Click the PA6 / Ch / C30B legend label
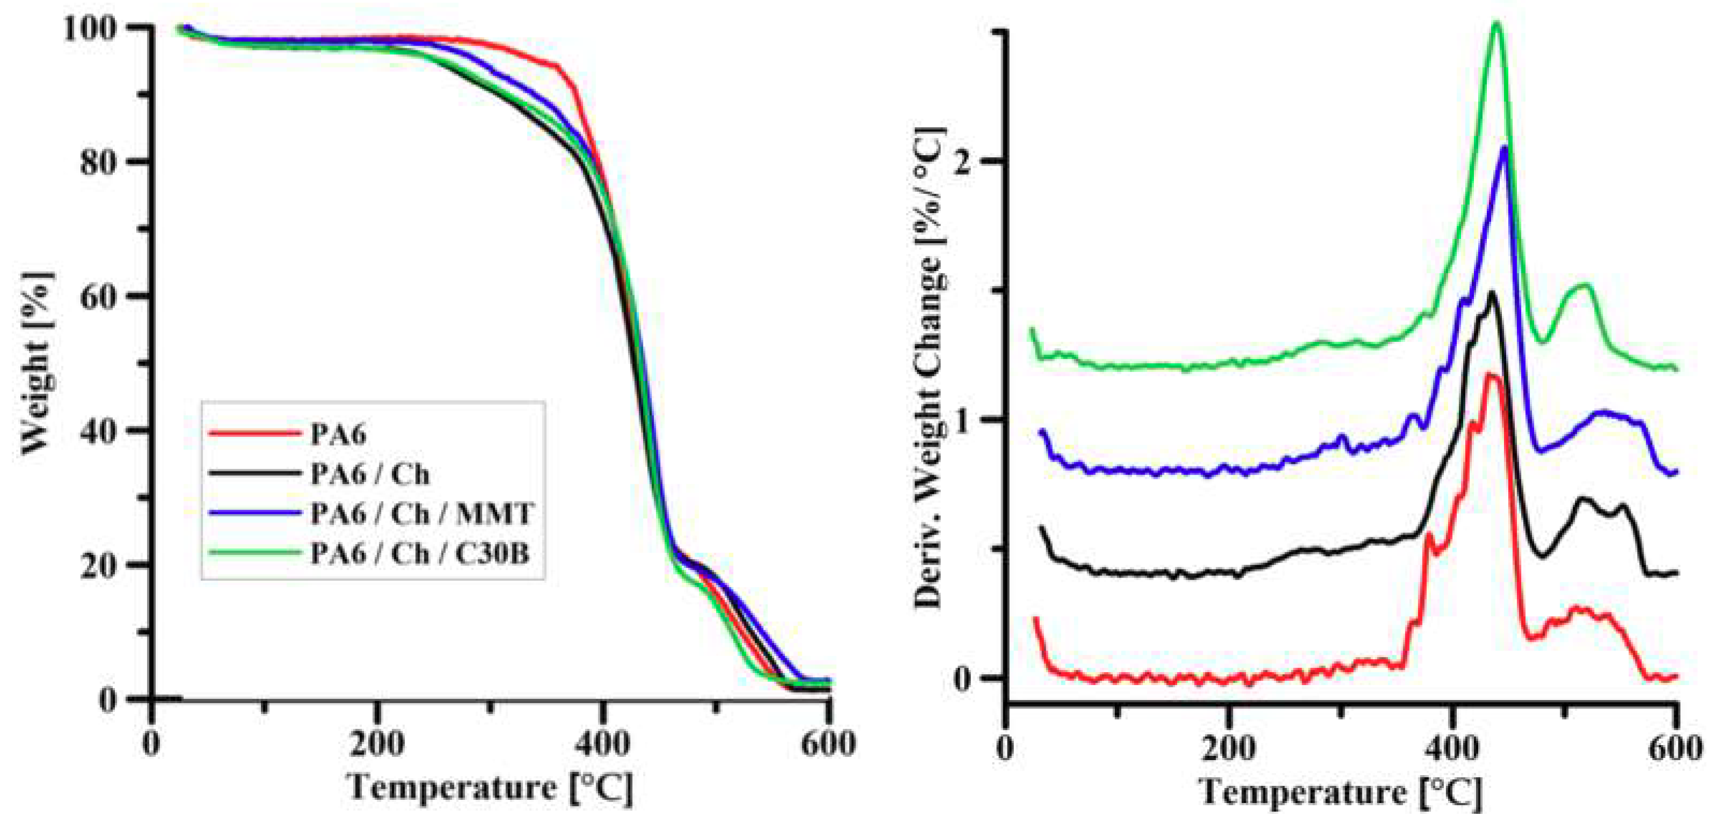[x=420, y=553]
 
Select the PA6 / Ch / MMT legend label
[x=422, y=514]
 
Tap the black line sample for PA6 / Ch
[x=254, y=473]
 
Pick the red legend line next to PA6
[x=254, y=434]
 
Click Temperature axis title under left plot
[x=490, y=787]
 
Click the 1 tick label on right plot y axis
[x=961, y=421]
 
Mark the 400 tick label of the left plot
[x=602, y=743]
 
